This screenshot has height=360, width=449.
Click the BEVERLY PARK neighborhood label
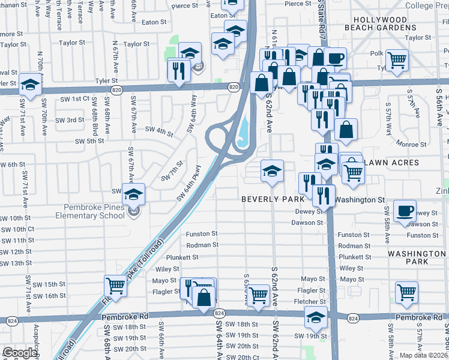[x=268, y=199]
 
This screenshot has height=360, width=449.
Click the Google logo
[x=20, y=353]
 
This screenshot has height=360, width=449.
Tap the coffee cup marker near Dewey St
[x=405, y=211]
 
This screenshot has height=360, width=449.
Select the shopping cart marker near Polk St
[x=397, y=59]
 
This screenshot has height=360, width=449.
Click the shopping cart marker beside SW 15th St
[x=115, y=285]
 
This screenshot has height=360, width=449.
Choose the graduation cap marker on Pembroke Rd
[x=316, y=316]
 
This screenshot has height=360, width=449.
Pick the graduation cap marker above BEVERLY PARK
[x=272, y=170]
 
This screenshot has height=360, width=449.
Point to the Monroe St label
[x=411, y=144]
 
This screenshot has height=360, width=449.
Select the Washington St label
[x=360, y=199]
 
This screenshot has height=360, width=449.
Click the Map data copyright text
[x=423, y=355]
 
